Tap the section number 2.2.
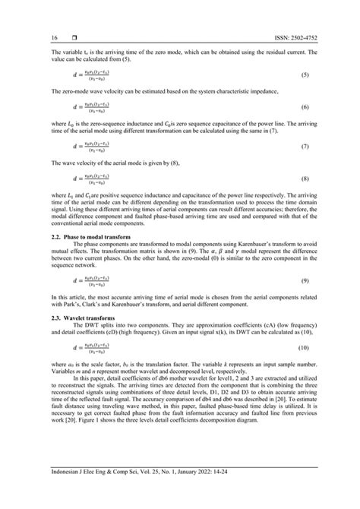pos(36,221)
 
